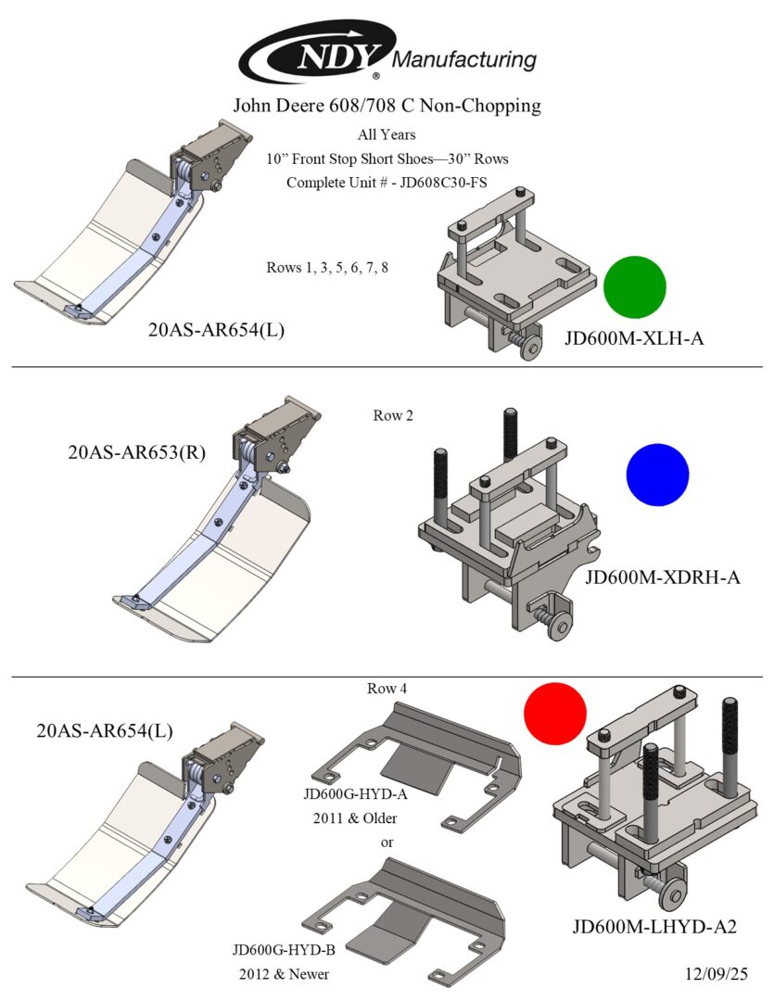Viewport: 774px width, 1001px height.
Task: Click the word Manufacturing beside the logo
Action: [x=465, y=61]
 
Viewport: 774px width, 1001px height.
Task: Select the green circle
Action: [x=635, y=287]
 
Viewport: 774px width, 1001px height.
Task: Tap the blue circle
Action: [x=657, y=475]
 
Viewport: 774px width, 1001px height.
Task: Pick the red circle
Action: [x=555, y=714]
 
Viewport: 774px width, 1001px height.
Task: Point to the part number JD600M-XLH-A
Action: [x=634, y=338]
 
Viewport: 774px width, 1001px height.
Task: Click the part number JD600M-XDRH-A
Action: [x=663, y=578]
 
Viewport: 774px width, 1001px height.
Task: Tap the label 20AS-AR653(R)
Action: [x=136, y=453]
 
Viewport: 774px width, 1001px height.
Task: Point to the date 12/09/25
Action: [x=711, y=974]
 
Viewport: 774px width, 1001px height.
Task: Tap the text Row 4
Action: [x=387, y=689]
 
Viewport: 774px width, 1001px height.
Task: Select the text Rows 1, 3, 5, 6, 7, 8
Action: [x=327, y=268]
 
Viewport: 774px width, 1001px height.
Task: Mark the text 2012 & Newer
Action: [x=284, y=975]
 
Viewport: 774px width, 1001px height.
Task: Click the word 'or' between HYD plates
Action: [x=387, y=843]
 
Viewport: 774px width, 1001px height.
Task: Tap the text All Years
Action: [x=387, y=134]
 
